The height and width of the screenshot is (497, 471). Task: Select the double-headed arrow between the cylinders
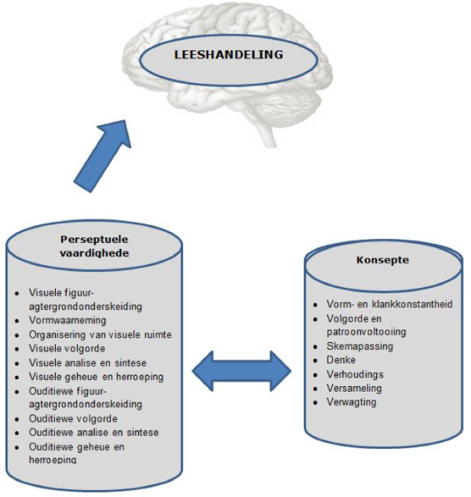point(243,368)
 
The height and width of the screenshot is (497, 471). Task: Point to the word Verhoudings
point(354,374)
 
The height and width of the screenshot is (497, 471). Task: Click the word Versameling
point(355,388)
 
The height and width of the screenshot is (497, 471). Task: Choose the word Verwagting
point(352,402)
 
